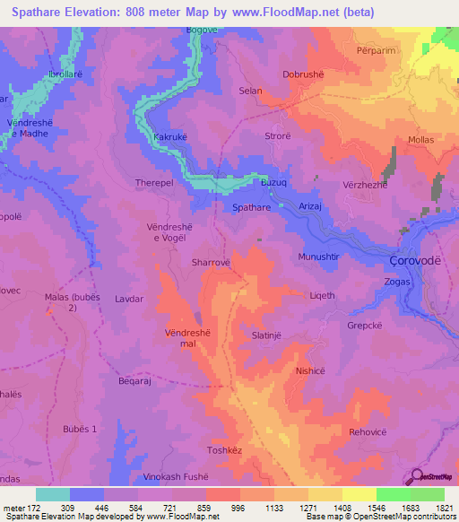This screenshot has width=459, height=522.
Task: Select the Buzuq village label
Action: point(273,182)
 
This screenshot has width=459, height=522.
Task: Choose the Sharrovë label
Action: point(212,263)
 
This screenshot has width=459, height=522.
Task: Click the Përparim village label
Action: point(377,52)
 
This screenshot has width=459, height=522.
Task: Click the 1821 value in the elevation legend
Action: point(440,508)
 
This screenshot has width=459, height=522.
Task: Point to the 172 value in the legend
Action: point(34,508)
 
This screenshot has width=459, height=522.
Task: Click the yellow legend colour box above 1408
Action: point(359,494)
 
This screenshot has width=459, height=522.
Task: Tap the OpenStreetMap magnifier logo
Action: point(415,477)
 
